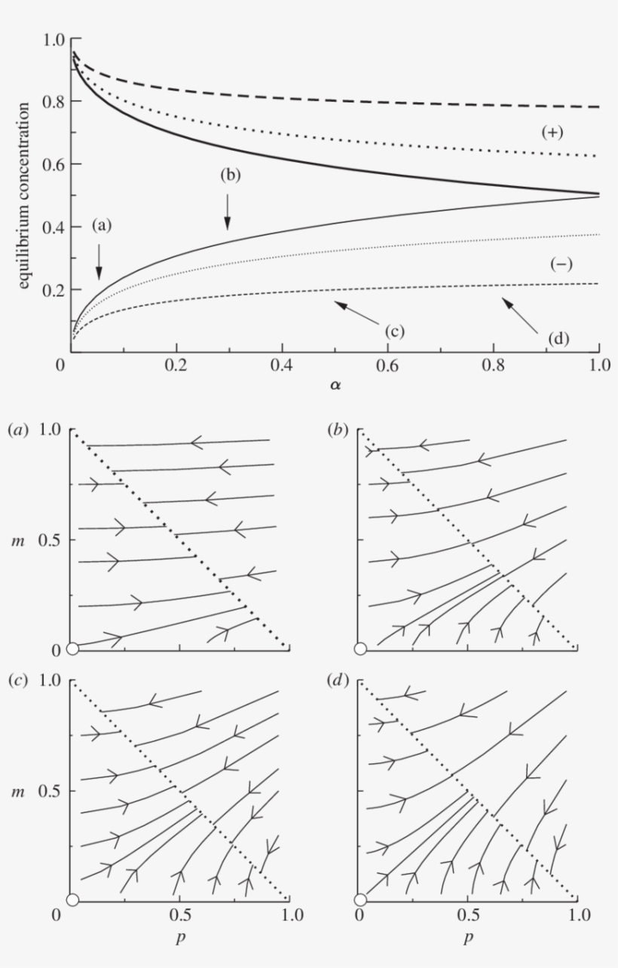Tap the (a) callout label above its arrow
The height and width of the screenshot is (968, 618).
pyautogui.click(x=102, y=224)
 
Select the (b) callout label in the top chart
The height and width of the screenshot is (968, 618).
pyautogui.click(x=230, y=175)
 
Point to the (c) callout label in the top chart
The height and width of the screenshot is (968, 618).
pyautogui.click(x=395, y=331)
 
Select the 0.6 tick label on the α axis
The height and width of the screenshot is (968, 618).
pyautogui.click(x=387, y=364)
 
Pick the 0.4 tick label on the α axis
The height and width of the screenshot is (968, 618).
pyautogui.click(x=282, y=364)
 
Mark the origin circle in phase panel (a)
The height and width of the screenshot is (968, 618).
pyautogui.click(x=73, y=649)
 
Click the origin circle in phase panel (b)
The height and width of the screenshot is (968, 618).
pyautogui.click(x=360, y=649)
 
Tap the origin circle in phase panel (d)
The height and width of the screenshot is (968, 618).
pyautogui.click(x=360, y=899)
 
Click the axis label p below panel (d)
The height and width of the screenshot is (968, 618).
pyautogui.click(x=469, y=939)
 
